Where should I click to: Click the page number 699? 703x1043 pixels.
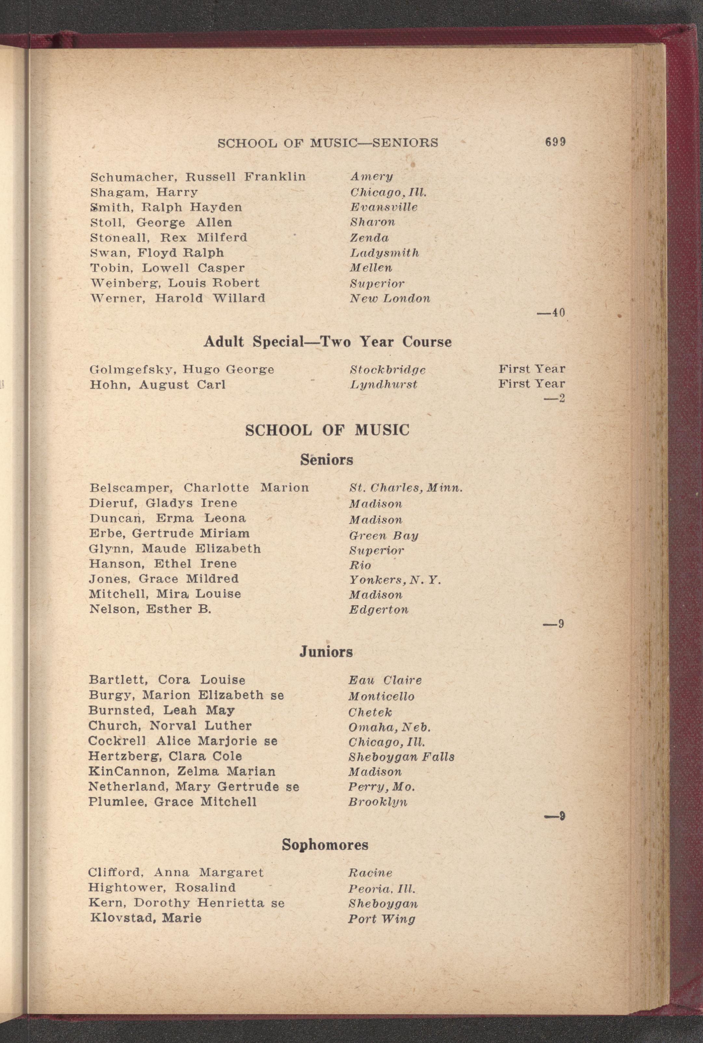555,142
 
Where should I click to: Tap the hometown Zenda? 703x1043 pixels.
369,238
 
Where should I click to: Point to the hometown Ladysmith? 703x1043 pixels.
384,253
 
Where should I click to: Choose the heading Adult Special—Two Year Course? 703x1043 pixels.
327,342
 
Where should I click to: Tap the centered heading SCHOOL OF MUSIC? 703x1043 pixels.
327,431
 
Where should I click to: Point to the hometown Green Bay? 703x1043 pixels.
383,536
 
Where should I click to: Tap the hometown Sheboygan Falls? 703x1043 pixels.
401,757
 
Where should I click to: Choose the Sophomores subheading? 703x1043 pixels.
325,845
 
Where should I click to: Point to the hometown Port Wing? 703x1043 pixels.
381,919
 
